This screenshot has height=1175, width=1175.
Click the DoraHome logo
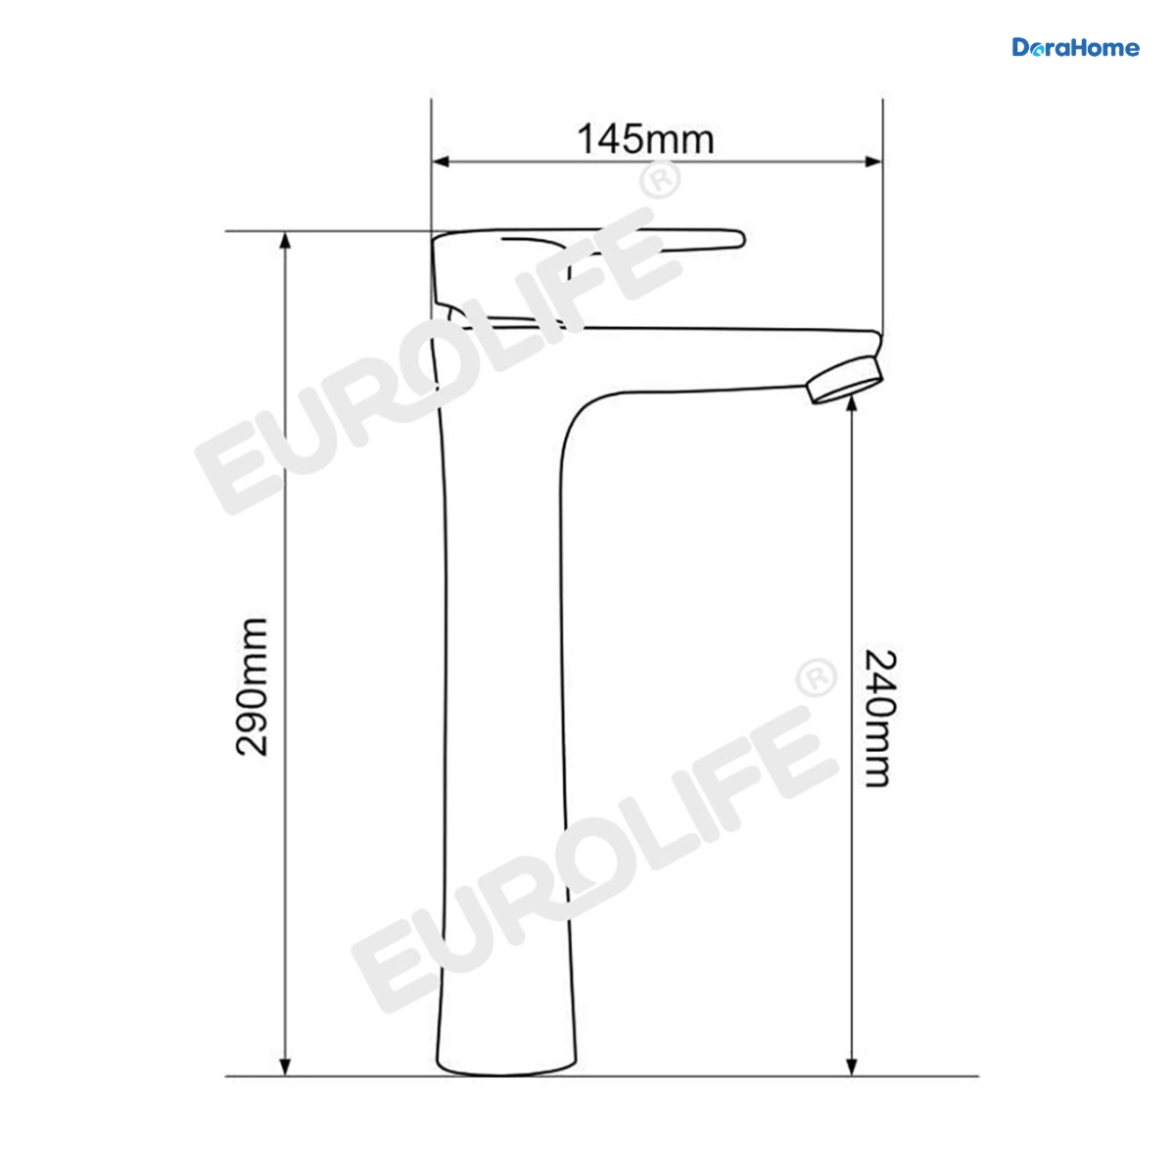point(1075,48)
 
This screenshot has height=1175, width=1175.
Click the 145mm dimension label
point(645,139)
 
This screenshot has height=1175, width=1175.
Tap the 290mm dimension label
point(252,687)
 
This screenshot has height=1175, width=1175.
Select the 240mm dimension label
point(880,719)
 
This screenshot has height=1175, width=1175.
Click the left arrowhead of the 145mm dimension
point(441,162)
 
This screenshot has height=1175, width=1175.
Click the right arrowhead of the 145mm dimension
point(873,162)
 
